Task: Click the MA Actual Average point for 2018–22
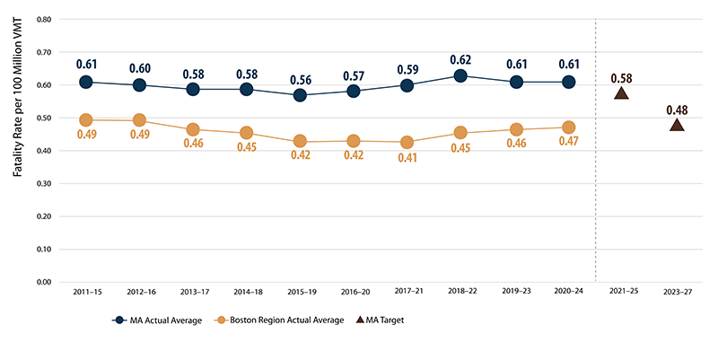pyautogui.click(x=461, y=76)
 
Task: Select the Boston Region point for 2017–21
pyautogui.click(x=407, y=142)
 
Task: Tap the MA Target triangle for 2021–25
pyautogui.click(x=621, y=92)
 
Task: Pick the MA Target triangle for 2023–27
pyautogui.click(x=677, y=125)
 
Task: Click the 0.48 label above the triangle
pyautogui.click(x=677, y=109)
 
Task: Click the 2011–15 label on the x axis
pyautogui.click(x=85, y=292)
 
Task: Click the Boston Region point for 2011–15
pyautogui.click(x=85, y=119)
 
